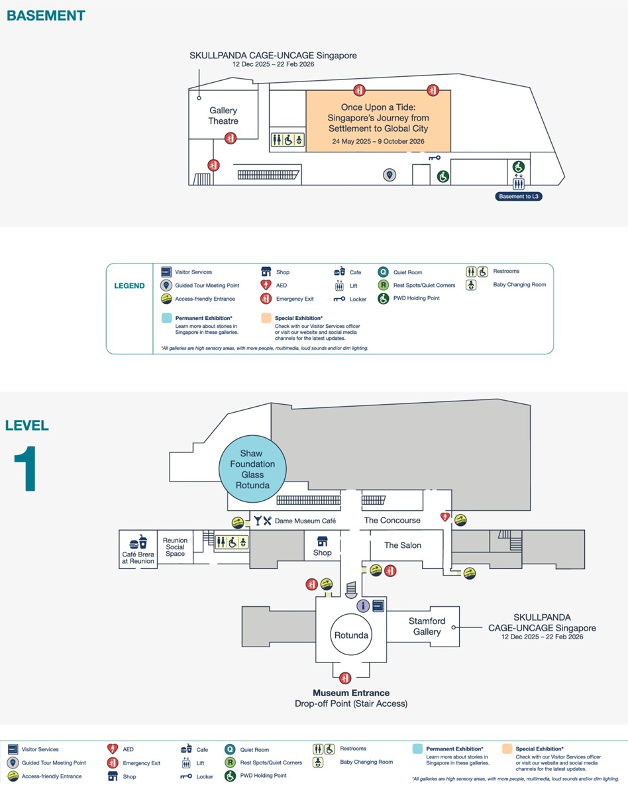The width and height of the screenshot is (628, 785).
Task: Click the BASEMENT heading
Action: (46, 15)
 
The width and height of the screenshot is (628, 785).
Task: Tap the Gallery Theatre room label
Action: (223, 116)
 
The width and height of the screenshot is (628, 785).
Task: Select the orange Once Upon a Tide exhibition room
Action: (378, 121)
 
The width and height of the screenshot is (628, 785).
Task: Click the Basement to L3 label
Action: (519, 196)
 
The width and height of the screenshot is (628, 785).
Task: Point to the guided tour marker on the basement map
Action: (390, 175)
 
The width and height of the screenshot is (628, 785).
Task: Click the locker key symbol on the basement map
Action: (435, 158)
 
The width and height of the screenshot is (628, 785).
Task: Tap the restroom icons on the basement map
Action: (288, 140)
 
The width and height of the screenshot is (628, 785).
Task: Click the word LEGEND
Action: (129, 286)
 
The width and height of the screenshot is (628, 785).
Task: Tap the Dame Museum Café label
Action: (305, 521)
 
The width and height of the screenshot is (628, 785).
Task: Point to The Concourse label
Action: (392, 521)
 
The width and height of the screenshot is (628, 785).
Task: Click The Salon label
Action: (403, 545)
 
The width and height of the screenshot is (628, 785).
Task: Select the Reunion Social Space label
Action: (176, 547)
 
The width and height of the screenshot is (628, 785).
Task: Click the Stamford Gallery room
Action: (427, 627)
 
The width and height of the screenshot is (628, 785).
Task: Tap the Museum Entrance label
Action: (351, 693)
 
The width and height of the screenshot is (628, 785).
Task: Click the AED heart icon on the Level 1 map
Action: (446, 517)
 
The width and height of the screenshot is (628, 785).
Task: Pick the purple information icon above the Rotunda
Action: (363, 605)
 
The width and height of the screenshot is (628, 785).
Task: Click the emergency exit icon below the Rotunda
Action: (344, 678)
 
